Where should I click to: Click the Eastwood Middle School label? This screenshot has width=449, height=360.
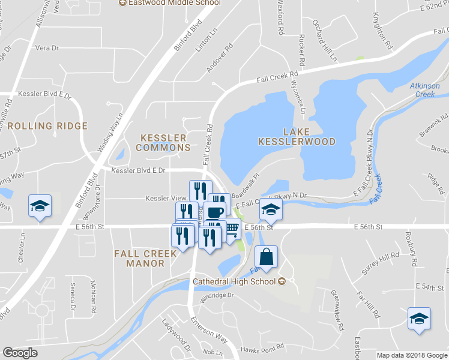coord(169,3)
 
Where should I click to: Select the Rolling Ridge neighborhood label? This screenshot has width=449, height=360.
coord(48,127)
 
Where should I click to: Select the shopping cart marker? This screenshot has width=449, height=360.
coord(232,229)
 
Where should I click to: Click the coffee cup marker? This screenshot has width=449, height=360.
coord(215,211)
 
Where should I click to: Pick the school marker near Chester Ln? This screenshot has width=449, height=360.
coord(40,206)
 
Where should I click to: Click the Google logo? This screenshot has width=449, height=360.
coord(20,353)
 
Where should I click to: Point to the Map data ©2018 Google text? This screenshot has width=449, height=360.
coord(411,355)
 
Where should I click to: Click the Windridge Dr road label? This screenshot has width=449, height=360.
coord(217,295)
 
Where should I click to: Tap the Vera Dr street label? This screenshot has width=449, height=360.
coord(47,47)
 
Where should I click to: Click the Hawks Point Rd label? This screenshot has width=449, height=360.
coord(262,349)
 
